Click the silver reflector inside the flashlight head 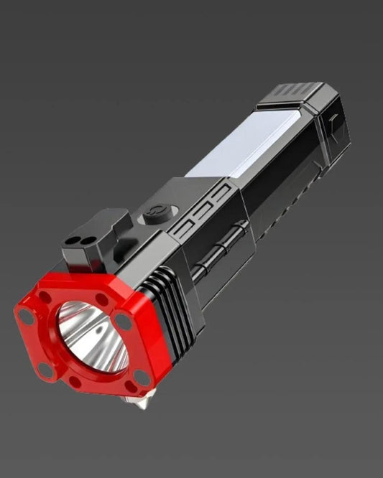tap(88, 334)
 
